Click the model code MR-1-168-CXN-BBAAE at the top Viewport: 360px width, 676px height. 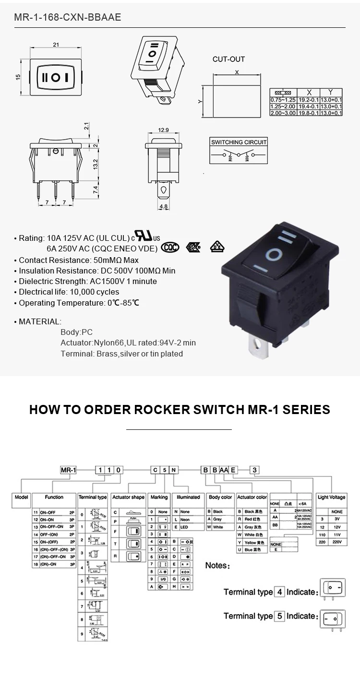68,18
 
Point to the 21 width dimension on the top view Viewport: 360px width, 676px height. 56,45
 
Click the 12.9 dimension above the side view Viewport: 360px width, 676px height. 164,130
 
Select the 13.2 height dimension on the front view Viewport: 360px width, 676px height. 96,164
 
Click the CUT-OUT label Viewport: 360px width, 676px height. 228,59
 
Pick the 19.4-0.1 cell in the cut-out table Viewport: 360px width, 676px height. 308,106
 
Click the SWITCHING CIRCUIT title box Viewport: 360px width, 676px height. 239,142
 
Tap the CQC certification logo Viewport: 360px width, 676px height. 170,247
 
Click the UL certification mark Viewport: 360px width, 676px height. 144,236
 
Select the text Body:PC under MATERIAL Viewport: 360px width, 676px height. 76,332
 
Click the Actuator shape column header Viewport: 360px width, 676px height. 128,498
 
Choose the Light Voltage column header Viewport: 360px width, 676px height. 331,498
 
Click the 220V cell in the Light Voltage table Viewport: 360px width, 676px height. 336,541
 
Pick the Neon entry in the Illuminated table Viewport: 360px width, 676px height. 185,520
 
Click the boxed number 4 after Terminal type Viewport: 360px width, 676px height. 279,592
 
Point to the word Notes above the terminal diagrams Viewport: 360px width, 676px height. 217,566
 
